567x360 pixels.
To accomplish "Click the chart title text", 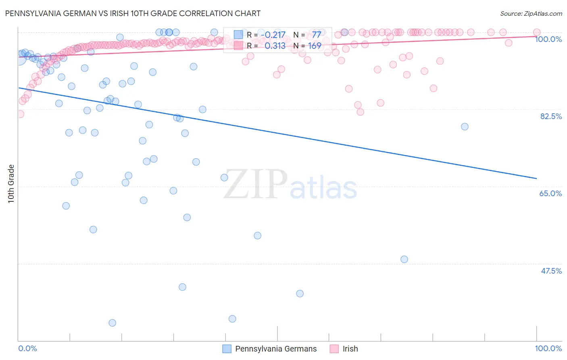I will click(x=133, y=13).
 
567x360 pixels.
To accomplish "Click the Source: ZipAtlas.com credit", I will click(x=531, y=13).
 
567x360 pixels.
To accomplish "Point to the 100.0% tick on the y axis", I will click(x=548, y=39).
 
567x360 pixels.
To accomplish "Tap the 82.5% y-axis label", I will click(x=551, y=116).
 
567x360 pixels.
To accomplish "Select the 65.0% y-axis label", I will click(x=550, y=193).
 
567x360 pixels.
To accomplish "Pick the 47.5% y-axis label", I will click(x=551, y=271).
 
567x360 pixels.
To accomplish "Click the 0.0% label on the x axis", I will click(x=28, y=348).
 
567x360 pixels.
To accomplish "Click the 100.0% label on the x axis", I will click(x=548, y=348).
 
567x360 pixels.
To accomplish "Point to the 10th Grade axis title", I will click(x=11, y=184).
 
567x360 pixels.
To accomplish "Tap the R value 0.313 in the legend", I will click(x=275, y=46).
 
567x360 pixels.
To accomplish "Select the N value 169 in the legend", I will click(x=315, y=46).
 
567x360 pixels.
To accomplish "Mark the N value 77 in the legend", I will click(x=317, y=35).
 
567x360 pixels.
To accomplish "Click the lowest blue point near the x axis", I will click(x=113, y=323).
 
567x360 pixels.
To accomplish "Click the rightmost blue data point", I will click(x=465, y=127).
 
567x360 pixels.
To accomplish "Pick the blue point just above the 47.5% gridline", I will click(x=404, y=259).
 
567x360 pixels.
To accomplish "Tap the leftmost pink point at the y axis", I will click(x=20, y=114).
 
